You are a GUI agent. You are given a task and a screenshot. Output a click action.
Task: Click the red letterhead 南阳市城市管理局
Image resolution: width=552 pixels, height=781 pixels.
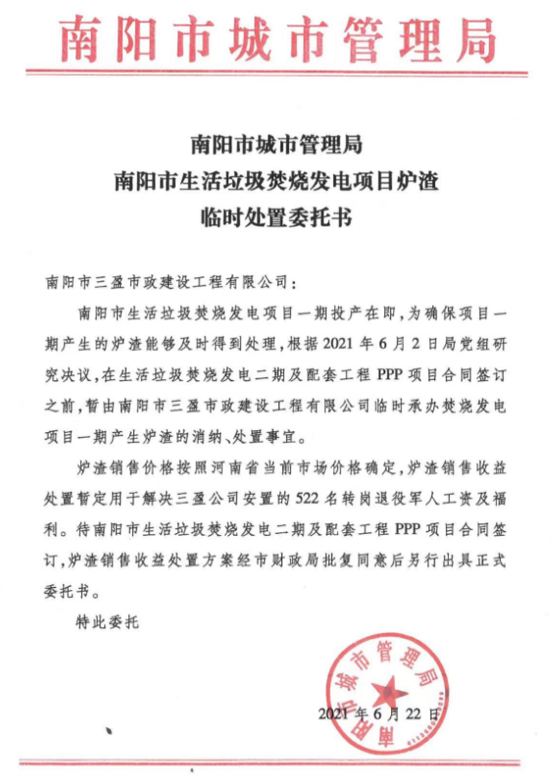pos(276,37)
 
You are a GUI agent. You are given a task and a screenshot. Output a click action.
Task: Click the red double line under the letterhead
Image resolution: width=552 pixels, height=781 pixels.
pos(276,73)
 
